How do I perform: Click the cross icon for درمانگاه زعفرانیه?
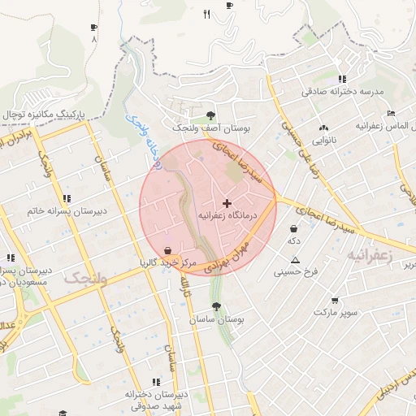tap(226, 201)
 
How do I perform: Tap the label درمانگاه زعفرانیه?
tap(227, 216)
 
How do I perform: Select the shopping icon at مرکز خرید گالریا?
tap(167, 250)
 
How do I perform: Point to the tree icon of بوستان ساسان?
tap(216, 306)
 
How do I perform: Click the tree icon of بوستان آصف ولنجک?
tap(211, 115)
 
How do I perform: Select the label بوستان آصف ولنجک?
tap(210, 128)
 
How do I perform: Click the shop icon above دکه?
tap(292, 228)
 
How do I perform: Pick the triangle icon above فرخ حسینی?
tap(295, 260)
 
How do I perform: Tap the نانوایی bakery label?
tap(324, 140)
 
